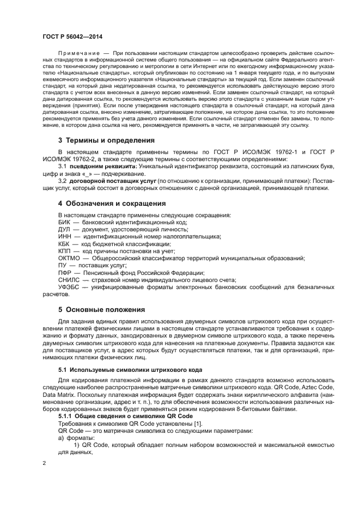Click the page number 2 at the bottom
[x=45, y=463]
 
